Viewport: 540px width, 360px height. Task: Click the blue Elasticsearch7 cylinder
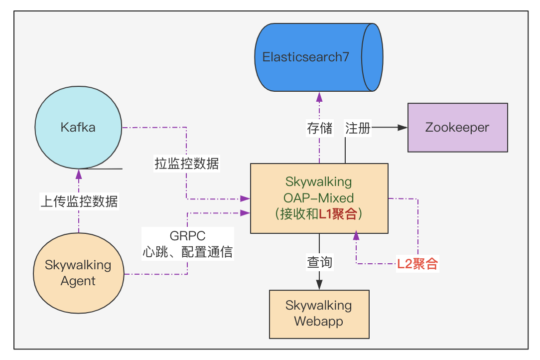click(319, 57)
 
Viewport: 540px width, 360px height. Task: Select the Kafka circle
click(78, 128)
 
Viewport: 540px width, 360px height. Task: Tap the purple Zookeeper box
click(457, 127)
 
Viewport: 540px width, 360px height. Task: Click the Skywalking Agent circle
click(78, 273)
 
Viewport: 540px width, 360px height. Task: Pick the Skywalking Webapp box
click(319, 313)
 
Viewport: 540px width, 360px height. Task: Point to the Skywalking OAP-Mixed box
click(319, 198)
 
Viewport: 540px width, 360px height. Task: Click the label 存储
click(319, 128)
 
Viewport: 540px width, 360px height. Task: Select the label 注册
click(358, 128)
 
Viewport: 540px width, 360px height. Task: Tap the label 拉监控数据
click(187, 163)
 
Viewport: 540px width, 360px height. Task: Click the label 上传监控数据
click(79, 201)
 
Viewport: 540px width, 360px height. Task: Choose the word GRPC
click(187, 236)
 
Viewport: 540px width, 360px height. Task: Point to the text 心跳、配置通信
click(187, 251)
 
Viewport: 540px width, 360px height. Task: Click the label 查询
click(319, 261)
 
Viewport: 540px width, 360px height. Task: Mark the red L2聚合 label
click(417, 264)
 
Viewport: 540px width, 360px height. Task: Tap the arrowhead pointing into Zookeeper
click(404, 127)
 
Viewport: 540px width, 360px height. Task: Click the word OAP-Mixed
click(319, 198)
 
